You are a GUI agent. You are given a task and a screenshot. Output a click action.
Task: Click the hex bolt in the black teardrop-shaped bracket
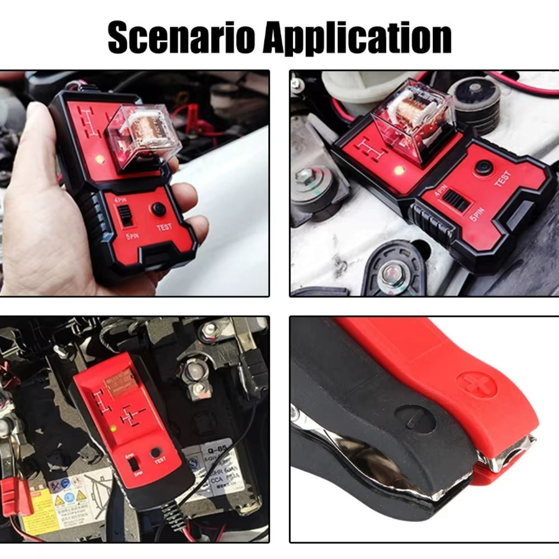[x=391, y=274]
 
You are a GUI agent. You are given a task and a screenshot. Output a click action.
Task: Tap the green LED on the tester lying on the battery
[x=113, y=429]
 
